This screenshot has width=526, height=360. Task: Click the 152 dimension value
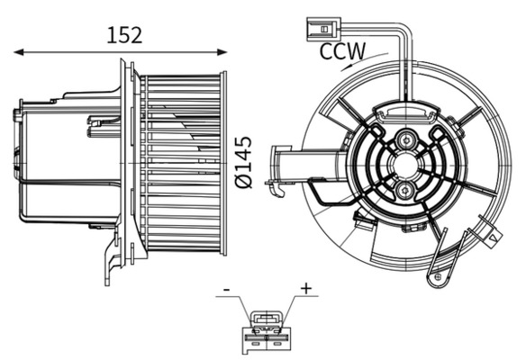point(124,35)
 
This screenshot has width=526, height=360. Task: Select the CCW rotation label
point(342,51)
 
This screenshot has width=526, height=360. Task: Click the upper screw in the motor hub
point(406,141)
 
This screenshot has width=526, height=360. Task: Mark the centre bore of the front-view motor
point(406,166)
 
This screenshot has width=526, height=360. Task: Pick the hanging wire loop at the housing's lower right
point(439,270)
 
